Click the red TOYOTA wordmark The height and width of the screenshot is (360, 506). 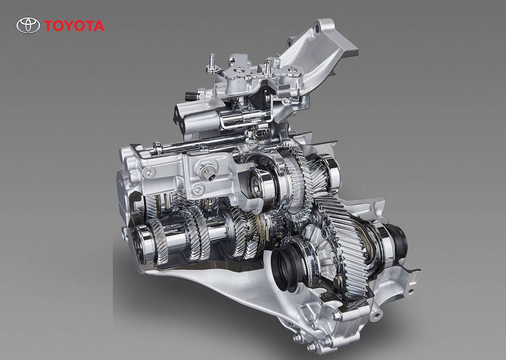74,26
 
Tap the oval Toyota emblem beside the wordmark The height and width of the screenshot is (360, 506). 28,25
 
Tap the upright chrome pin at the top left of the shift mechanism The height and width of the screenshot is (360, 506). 213,61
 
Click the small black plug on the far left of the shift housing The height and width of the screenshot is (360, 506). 188,96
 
